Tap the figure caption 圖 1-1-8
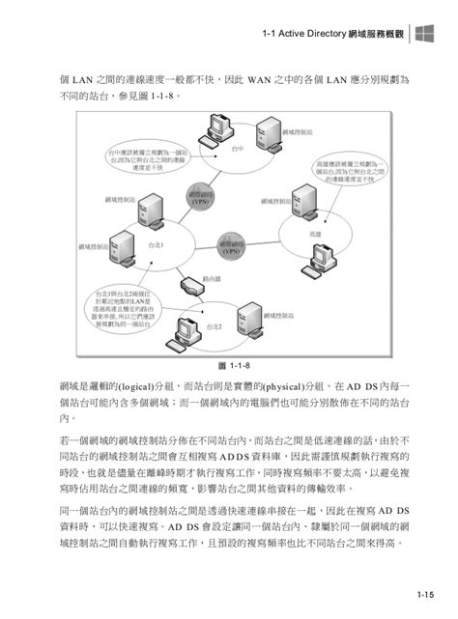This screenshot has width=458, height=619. [228, 365]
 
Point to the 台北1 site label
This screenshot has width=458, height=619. [157, 245]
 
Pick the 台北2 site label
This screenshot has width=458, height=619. [214, 327]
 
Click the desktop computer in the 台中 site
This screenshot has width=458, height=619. [215, 127]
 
